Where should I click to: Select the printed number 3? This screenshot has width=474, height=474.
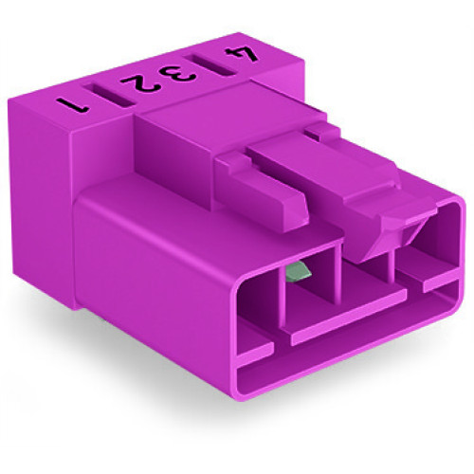[x=184, y=71]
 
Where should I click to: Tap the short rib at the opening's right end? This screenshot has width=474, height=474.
[x=441, y=280]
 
